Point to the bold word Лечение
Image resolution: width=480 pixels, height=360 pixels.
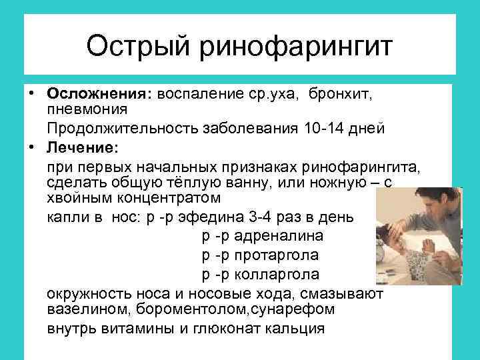click(80, 147)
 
